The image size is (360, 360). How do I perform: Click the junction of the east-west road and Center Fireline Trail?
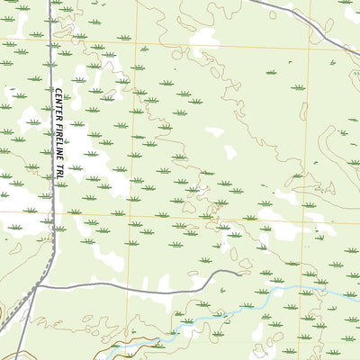(x=40, y=286)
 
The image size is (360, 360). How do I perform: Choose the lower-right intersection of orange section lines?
(x=306, y=214)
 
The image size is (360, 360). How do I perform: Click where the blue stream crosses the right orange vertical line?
(x=304, y=289)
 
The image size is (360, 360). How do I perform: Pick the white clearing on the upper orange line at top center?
(x=205, y=38)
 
